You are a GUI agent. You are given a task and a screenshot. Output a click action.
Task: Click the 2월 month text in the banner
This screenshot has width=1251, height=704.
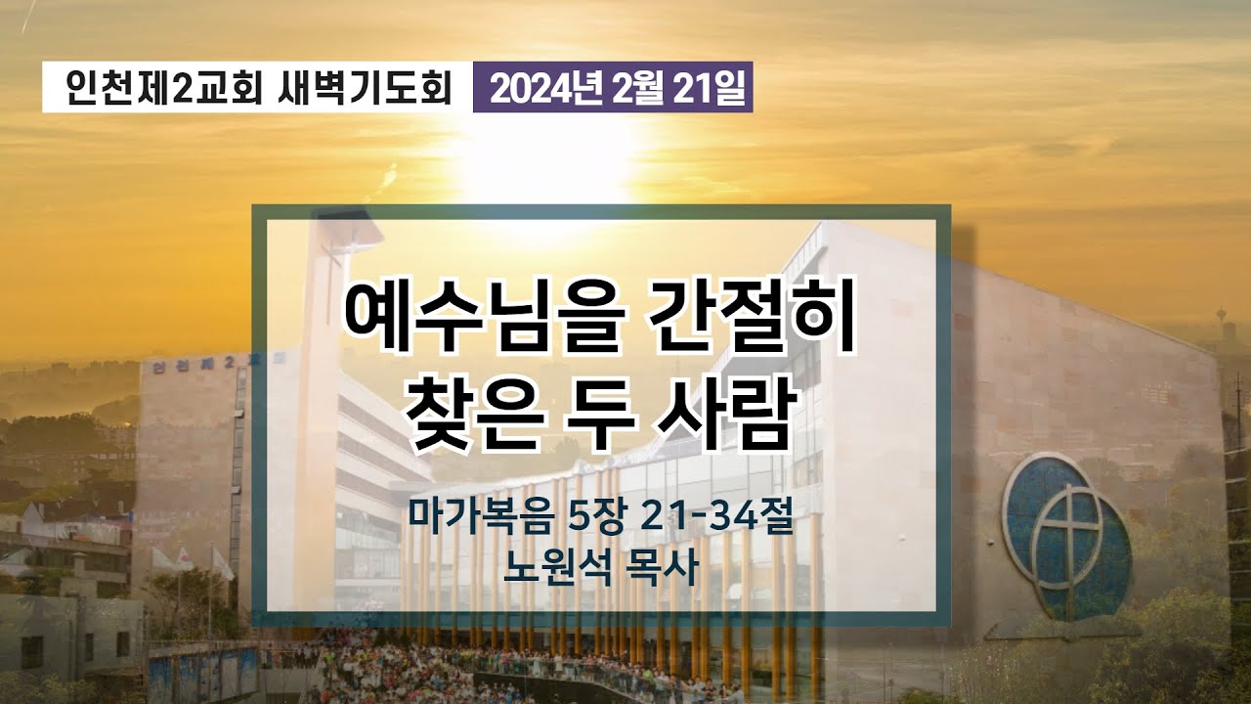point(640,90)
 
